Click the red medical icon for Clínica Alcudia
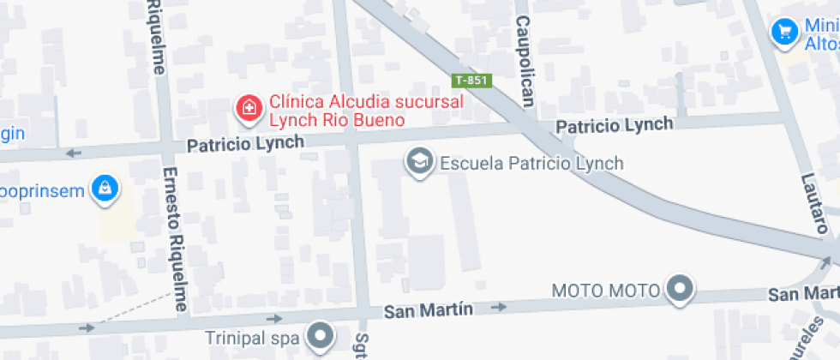[x=249, y=108]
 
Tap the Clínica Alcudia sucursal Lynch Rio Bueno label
[x=367, y=111]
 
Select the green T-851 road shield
[x=471, y=81]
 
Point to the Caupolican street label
[x=525, y=61]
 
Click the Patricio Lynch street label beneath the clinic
[x=245, y=144]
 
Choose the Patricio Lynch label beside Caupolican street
[x=615, y=126]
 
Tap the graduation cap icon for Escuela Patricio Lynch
[x=419, y=162]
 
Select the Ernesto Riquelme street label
[x=175, y=239]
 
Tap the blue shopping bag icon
[x=105, y=189]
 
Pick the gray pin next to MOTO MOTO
[x=681, y=290]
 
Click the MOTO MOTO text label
[x=605, y=291]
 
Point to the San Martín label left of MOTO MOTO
[x=428, y=309]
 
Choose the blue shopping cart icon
[x=783, y=33]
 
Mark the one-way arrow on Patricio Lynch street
[x=75, y=153]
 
